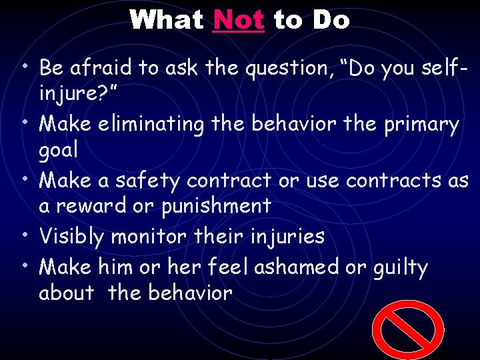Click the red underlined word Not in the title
point(239,20)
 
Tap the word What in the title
point(167,20)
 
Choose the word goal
point(58,151)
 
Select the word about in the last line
point(66,293)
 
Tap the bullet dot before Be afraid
point(24,65)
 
